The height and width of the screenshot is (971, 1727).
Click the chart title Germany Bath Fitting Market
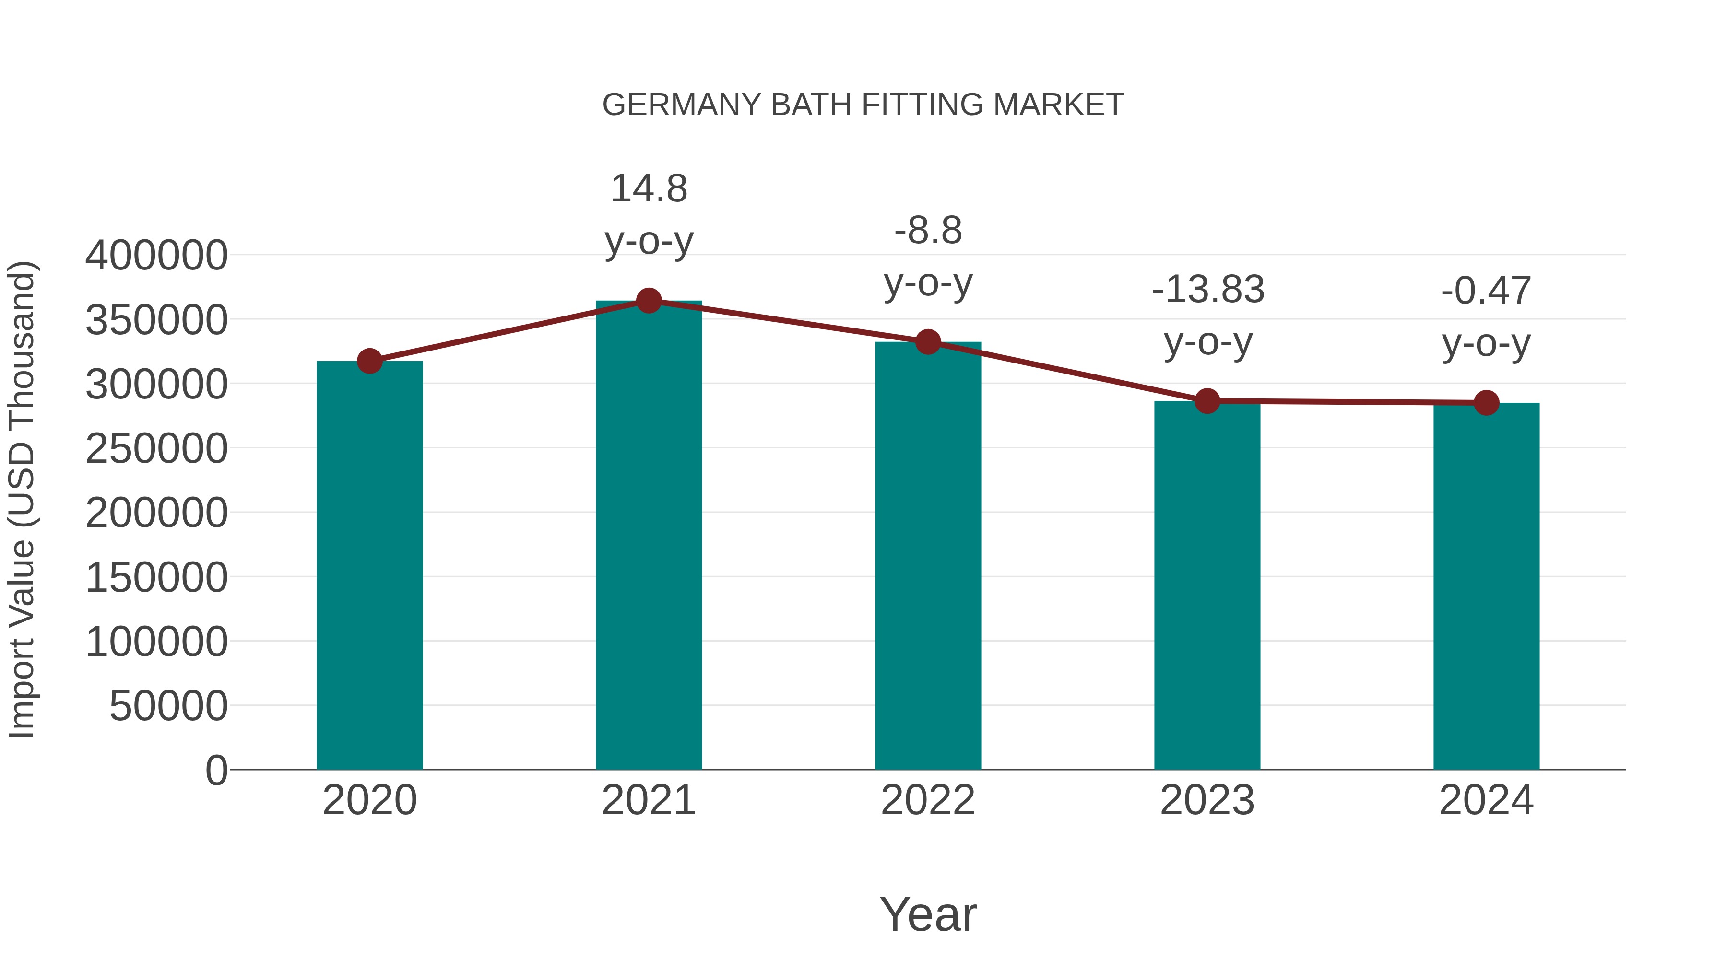(x=863, y=105)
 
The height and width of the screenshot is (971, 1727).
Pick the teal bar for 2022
(x=928, y=556)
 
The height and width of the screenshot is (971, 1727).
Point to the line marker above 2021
(x=648, y=301)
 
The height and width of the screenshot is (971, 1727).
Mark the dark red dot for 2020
(x=369, y=361)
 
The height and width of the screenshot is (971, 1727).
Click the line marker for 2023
(x=1207, y=401)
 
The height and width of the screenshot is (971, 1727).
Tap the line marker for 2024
(x=1486, y=403)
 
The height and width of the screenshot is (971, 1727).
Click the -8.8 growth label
(x=928, y=256)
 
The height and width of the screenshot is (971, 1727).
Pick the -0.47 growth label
(x=1486, y=316)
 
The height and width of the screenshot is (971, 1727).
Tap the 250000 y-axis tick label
(x=156, y=448)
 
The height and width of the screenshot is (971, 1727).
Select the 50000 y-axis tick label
(x=168, y=706)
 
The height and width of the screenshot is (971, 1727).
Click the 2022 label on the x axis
(x=928, y=800)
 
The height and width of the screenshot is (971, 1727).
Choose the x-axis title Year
(x=928, y=914)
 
